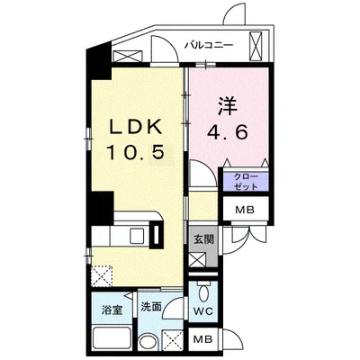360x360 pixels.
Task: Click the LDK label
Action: (x=136, y=127)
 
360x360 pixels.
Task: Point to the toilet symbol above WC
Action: (x=205, y=293)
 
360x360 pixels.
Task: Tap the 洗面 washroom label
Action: (x=150, y=307)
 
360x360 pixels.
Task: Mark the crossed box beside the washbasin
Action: (x=172, y=341)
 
